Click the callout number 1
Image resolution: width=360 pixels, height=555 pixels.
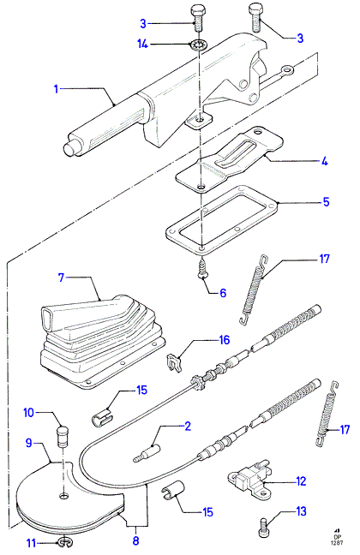point(56,88)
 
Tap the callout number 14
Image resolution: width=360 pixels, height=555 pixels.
point(142,45)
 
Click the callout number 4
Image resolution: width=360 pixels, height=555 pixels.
point(324,162)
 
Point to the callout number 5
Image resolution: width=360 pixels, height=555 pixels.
point(326,202)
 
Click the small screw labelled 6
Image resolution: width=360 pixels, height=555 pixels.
point(202,272)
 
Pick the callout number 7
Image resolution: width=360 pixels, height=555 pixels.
point(62,277)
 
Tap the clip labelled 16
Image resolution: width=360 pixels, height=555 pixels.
point(174,363)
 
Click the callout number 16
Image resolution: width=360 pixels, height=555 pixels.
point(225,340)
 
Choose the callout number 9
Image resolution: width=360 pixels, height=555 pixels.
point(29,443)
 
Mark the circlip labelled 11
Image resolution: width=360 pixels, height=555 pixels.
point(63,541)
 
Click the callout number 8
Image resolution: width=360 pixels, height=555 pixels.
point(135,540)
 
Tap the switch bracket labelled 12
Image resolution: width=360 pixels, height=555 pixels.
point(249,479)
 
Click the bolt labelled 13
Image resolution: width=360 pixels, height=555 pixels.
point(263,528)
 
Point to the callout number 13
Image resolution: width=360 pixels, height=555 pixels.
point(301,511)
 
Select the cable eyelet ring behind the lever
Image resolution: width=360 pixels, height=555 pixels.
point(287,70)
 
